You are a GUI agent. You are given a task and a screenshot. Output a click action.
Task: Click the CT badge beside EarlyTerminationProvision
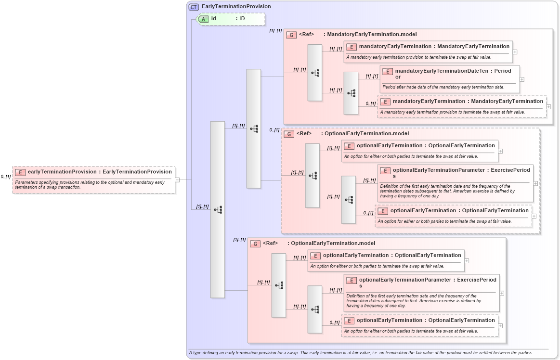[x=194, y=7]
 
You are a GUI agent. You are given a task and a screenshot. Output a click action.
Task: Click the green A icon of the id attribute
[x=204, y=19]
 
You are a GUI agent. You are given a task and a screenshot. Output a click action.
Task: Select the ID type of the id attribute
[x=242, y=19]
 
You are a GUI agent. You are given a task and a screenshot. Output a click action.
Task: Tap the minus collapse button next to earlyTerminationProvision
[x=177, y=180]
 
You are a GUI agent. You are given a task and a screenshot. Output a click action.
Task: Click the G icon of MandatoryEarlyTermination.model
[x=291, y=35]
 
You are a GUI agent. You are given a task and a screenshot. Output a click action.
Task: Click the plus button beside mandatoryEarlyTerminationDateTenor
[x=522, y=79]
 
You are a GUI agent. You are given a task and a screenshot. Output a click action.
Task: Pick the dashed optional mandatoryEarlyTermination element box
[x=461, y=106]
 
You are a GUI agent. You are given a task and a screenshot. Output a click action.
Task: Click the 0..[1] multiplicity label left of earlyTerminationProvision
[x=6, y=177]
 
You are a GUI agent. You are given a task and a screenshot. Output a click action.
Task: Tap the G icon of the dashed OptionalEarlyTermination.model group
[x=289, y=134]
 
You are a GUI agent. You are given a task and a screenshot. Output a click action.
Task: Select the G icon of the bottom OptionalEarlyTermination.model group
[x=255, y=244]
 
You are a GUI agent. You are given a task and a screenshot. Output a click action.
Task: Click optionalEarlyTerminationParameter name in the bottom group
[x=406, y=280]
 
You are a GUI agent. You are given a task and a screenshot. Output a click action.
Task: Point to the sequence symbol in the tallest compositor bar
[x=218, y=209]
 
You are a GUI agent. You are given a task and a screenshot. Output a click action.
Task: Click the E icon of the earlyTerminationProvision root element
[x=20, y=172]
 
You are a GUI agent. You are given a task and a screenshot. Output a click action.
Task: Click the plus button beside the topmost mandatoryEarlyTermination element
[x=515, y=51]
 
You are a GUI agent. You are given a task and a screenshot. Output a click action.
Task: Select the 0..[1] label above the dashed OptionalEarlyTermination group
[x=274, y=130]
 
